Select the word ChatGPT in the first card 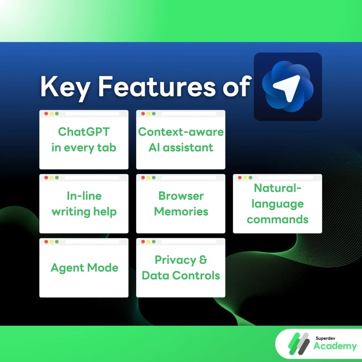[x=84, y=132]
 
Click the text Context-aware [x=181, y=132]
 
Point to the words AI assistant [x=181, y=148]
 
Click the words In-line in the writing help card [x=84, y=196]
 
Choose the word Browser [x=181, y=196]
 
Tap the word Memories [x=181, y=212]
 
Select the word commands [x=278, y=219]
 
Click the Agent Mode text [x=84, y=268]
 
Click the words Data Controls [x=181, y=275]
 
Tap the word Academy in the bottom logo [x=335, y=346]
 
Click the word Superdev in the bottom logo [x=326, y=337]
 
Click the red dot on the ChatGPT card [x=46, y=114]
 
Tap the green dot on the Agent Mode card [x=57, y=242]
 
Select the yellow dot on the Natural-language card [x=245, y=178]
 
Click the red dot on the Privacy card [x=143, y=242]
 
